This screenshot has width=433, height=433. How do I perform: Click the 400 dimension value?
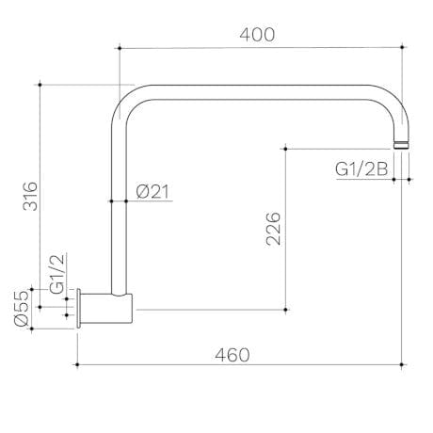257,35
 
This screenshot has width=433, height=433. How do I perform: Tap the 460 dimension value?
233,355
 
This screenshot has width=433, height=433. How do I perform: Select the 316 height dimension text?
30,196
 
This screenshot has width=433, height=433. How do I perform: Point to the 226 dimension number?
273,229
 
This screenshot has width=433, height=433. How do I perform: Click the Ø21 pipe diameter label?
152,192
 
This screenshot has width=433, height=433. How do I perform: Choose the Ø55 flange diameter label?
22,308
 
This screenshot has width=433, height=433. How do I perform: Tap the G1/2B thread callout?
361,169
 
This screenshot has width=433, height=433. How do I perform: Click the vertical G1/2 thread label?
56,274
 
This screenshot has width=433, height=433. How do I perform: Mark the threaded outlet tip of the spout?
402,145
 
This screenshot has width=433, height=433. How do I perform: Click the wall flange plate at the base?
79,309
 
